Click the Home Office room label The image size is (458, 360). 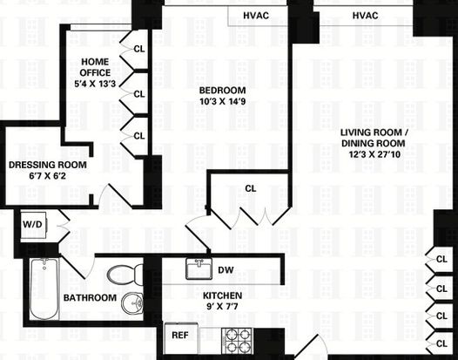click(95, 67)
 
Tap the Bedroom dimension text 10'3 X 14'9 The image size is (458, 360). click(222, 101)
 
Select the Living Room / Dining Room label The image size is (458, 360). click(374, 138)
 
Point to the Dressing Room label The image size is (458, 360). click(48, 165)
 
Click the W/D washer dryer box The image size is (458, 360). click(33, 225)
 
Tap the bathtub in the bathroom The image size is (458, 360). click(44, 289)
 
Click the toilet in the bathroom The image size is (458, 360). click(125, 275)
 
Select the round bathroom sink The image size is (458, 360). click(132, 303)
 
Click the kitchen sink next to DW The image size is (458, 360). click(199, 268)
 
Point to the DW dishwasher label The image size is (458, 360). click(226, 270)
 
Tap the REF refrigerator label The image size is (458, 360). click(180, 335)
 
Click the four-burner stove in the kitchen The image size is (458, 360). click(237, 341)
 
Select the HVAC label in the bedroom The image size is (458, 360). click(256, 16)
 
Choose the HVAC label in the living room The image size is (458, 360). click(365, 16)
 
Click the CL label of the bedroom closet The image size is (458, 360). click(251, 188)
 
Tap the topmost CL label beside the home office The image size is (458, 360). click(139, 49)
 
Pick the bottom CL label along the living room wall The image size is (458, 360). click(441, 343)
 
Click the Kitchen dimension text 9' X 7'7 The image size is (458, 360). click(222, 307)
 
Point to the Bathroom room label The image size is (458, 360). click(90, 298)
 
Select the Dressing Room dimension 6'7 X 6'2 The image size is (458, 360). click(47, 176)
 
